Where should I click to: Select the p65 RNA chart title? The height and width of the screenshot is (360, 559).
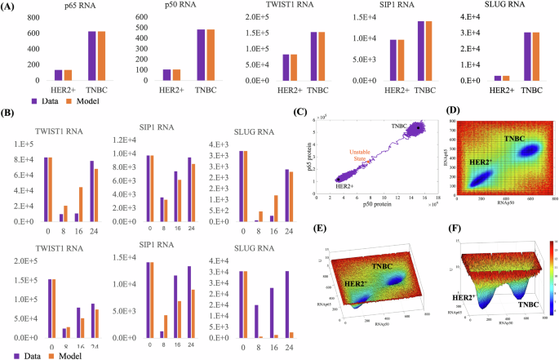point(76,7)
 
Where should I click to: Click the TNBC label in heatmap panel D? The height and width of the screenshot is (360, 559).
point(513,140)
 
